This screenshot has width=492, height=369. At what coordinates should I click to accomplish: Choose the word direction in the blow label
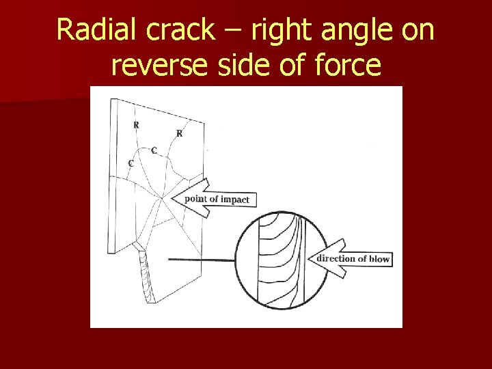(x=337, y=258)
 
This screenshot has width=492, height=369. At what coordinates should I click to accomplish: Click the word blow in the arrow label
(x=379, y=259)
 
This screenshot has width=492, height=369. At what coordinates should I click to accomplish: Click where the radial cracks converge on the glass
(x=161, y=199)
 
